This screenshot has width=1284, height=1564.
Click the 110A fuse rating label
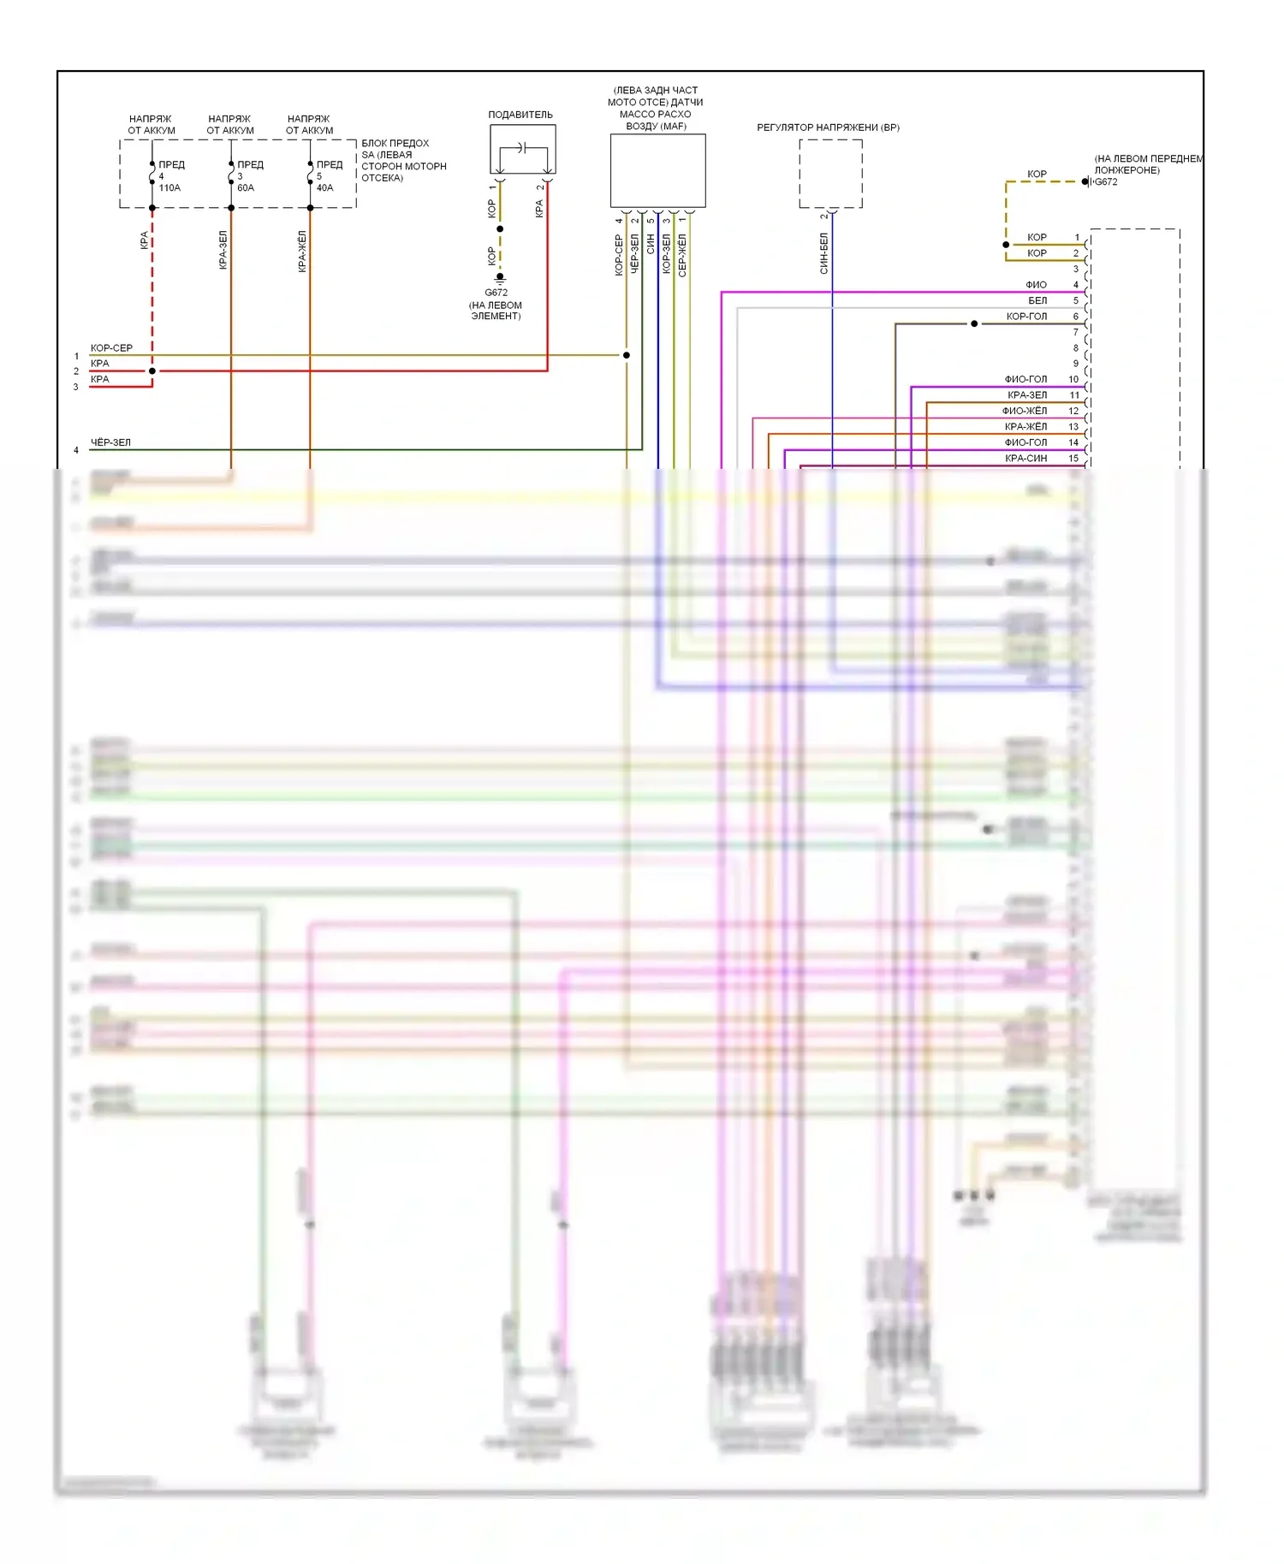coord(169,188)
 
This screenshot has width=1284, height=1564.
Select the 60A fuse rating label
coord(246,188)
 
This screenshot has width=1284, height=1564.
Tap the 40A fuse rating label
coord(324,188)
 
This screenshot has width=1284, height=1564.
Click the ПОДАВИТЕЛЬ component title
coord(520,115)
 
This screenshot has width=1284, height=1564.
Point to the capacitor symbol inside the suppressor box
coord(520,148)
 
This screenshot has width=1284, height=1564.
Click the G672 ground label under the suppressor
coord(496,293)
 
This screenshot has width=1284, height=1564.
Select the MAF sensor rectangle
coord(657,170)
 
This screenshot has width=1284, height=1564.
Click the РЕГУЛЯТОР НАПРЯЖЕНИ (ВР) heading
coord(828,127)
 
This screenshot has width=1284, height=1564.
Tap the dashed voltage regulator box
coord(830,174)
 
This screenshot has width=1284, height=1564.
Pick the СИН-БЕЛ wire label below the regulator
coord(823,253)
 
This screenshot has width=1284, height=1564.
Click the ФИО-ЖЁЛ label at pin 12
coord(1025,411)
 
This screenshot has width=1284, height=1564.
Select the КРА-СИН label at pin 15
coord(1025,459)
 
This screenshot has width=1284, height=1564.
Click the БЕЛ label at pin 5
coord(1037,301)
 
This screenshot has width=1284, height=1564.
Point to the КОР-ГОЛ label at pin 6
coord(1026,317)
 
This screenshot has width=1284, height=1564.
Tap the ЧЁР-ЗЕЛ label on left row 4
coord(110,442)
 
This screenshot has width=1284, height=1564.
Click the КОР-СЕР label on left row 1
coord(111,348)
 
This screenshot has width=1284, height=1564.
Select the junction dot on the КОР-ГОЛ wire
coord(974,323)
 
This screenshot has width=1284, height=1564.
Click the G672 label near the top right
coord(1106,182)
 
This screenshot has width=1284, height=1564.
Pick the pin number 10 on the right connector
coord(1073,379)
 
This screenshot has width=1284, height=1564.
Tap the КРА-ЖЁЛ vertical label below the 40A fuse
coord(302,252)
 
